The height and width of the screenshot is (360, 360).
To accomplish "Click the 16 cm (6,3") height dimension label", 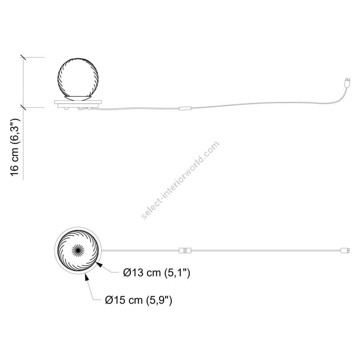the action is pyautogui.click(x=15, y=147).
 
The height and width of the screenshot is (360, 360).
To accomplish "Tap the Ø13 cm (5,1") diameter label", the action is pyautogui.click(x=156, y=273).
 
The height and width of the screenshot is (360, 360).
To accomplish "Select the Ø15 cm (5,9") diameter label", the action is pyautogui.click(x=138, y=300).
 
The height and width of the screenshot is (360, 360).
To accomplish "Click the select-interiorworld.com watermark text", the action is pyautogui.click(x=181, y=180).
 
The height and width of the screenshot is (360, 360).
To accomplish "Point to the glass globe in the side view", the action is pyautogui.click(x=78, y=78).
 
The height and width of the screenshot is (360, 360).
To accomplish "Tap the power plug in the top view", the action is pyautogui.click(x=345, y=250).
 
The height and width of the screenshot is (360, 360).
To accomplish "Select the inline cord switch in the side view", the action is pyautogui.click(x=185, y=108).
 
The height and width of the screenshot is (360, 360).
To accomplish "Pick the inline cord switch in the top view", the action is pyautogui.click(x=185, y=250).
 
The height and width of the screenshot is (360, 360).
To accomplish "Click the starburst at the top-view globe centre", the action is pyautogui.click(x=78, y=250).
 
